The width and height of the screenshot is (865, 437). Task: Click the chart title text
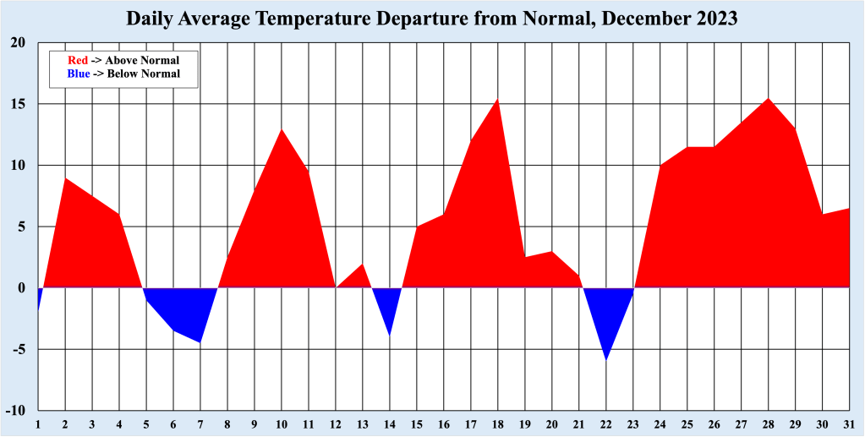tap(432, 19)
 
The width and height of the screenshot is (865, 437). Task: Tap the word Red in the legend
tap(78, 60)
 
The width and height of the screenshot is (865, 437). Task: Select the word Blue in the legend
tap(78, 74)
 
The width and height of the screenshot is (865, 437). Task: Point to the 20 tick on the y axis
tap(19, 43)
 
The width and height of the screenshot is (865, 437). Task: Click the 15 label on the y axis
tap(19, 105)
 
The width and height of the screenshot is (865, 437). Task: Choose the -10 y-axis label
tap(17, 411)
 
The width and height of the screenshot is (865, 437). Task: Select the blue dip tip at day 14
tap(389, 335)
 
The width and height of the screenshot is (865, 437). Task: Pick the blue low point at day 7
tap(200, 341)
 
